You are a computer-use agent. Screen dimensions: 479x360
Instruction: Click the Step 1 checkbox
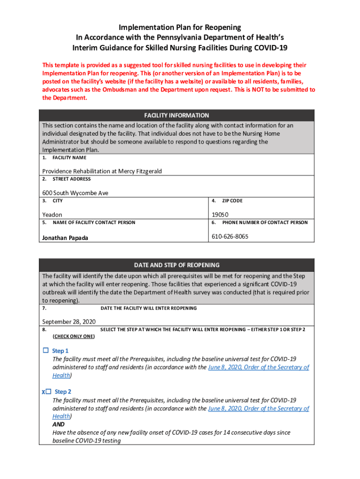pyautogui.click(x=46, y=350)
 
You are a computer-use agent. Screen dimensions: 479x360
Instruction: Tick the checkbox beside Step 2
pyautogui.click(x=48, y=392)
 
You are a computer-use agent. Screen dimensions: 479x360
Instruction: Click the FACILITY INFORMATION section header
pyautogui.click(x=177, y=116)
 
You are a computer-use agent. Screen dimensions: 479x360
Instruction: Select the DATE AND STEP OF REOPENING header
pyautogui.click(x=177, y=265)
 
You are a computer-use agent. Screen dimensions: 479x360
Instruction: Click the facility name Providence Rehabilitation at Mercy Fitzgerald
pyautogui.click(x=102, y=171)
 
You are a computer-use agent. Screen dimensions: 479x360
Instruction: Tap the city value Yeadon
pyautogui.click(x=52, y=215)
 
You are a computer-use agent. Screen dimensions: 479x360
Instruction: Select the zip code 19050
pyautogui.click(x=221, y=215)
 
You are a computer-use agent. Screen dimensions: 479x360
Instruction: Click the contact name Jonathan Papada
pyautogui.click(x=65, y=238)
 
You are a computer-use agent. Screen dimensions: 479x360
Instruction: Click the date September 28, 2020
pyautogui.click(x=69, y=322)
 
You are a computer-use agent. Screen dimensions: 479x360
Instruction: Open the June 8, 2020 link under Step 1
pyautogui.click(x=258, y=367)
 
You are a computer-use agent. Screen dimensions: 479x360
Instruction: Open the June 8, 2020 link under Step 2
pyautogui.click(x=258, y=408)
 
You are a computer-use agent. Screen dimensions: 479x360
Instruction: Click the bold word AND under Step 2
pyautogui.click(x=58, y=424)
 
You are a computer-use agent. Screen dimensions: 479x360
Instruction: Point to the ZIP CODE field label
pyautogui.click(x=232, y=201)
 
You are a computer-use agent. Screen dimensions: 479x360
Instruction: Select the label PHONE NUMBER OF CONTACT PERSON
pyautogui.click(x=265, y=222)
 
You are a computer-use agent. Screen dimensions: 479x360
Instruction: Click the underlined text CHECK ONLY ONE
pyautogui.click(x=73, y=336)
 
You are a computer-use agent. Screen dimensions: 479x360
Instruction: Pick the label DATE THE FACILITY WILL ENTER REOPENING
pyautogui.click(x=149, y=308)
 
